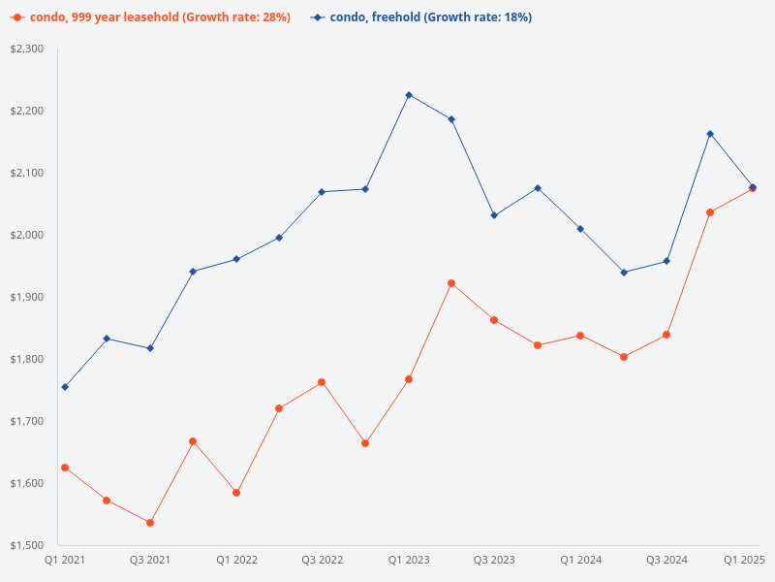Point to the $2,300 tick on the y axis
pos(27,48)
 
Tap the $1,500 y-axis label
pos(27,545)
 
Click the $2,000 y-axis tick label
pos(27,235)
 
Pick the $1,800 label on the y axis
pos(27,359)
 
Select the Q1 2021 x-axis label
pos(65,560)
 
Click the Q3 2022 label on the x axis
pos(323,560)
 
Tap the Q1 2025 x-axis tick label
pos(745,560)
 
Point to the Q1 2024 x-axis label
pos(580,560)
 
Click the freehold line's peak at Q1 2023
pos(409,95)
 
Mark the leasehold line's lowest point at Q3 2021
pos(150,523)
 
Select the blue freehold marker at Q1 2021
pos(65,387)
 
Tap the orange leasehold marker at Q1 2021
pos(65,468)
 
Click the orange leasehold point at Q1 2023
pos(409,379)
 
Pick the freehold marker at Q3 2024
pos(666,261)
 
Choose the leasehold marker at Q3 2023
pos(494,320)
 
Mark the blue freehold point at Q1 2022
pos(236,259)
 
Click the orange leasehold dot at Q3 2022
pos(323,382)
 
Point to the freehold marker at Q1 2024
pos(580,229)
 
